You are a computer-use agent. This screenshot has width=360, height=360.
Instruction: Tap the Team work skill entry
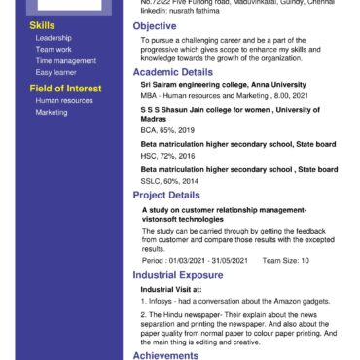click(x=53, y=49)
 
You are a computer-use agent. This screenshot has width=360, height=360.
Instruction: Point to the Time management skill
click(x=65, y=60)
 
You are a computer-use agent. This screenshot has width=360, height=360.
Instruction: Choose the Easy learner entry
click(x=56, y=72)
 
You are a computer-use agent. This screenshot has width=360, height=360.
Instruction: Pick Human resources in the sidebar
click(x=62, y=101)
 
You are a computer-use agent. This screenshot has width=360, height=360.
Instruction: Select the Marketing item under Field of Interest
click(x=52, y=113)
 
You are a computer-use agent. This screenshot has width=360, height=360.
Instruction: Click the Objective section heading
click(x=154, y=25)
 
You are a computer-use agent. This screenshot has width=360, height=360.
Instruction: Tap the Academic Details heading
click(x=172, y=73)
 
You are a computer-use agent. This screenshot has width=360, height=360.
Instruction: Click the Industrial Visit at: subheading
click(x=171, y=289)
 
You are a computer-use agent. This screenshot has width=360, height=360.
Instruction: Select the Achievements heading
click(x=165, y=355)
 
